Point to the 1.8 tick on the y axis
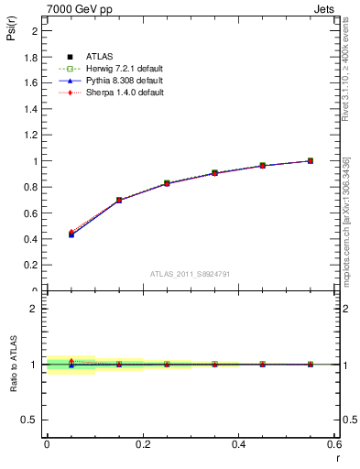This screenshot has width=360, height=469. click(x=34, y=57)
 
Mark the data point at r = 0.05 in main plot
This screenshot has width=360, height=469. click(x=71, y=234)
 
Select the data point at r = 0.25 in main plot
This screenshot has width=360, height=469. click(x=167, y=183)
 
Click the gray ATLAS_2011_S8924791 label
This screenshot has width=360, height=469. click(x=189, y=273)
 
